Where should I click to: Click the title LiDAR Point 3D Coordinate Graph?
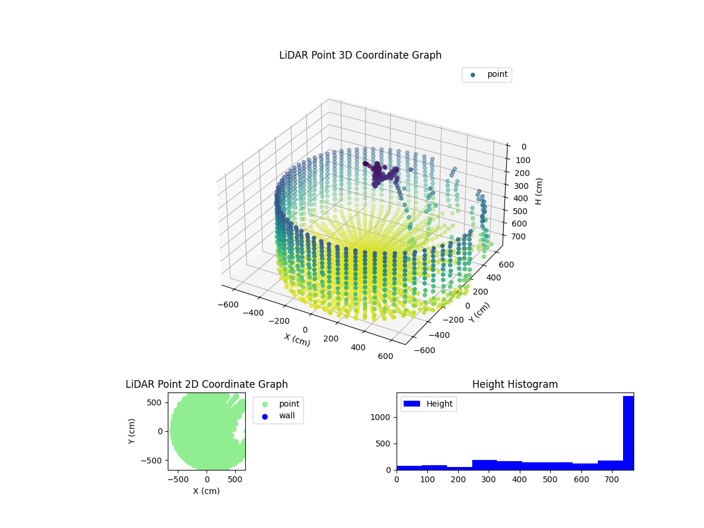click(360, 55)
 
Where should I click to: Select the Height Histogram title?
click(515, 384)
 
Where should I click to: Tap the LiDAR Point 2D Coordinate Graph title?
click(207, 384)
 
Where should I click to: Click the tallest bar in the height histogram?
click(628, 433)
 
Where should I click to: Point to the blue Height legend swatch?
click(412, 404)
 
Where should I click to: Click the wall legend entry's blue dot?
click(265, 416)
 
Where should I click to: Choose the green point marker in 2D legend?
click(265, 404)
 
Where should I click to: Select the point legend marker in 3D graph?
click(473, 75)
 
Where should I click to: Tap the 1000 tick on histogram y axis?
click(384, 417)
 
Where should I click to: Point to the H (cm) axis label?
click(539, 191)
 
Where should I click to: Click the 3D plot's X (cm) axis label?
click(297, 340)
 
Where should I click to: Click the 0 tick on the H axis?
click(523, 147)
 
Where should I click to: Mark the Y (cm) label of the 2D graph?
click(133, 431)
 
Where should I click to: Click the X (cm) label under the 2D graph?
click(207, 491)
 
